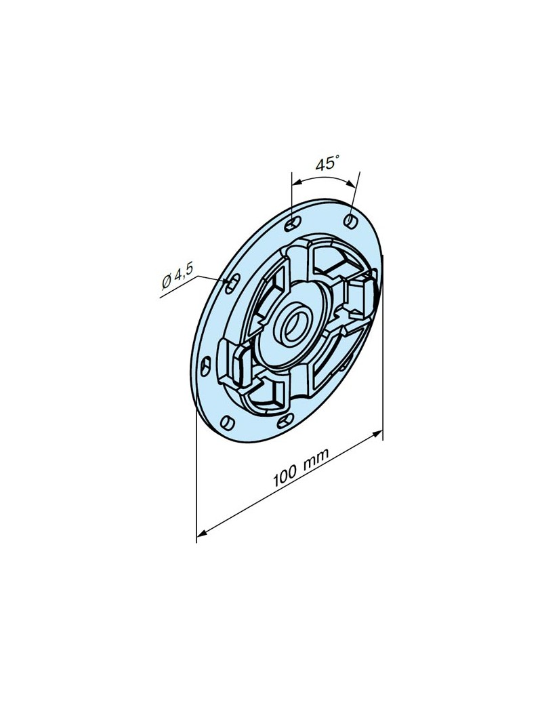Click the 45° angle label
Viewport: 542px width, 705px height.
327,163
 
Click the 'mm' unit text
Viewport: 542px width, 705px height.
316,458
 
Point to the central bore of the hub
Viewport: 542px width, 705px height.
295,325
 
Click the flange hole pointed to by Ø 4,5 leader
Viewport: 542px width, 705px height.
232,284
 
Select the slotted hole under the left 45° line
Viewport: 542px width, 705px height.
293,223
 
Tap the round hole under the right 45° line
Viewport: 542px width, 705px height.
350,220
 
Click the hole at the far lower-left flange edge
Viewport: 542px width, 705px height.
205,366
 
